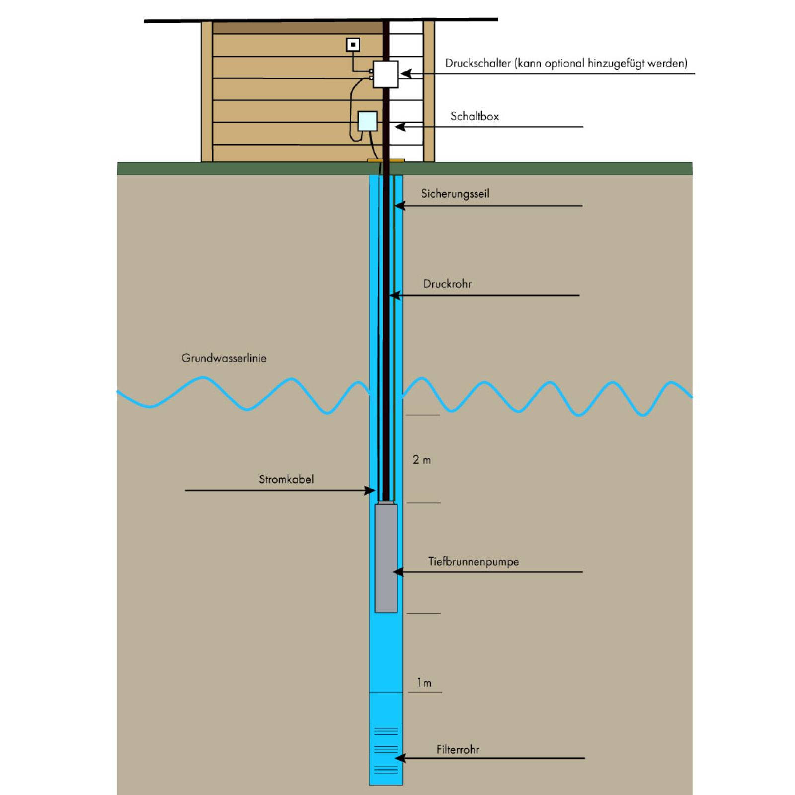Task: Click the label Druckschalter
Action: click(478, 63)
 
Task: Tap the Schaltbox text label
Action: click(475, 116)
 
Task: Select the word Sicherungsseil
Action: click(455, 194)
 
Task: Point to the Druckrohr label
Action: click(447, 284)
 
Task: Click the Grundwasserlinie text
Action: click(224, 358)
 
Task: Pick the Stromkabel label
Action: click(286, 479)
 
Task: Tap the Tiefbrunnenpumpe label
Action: click(474, 562)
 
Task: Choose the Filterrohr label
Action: click(458, 749)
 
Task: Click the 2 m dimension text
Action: click(422, 460)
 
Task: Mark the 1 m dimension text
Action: click(424, 683)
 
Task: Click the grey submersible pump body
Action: click(386, 558)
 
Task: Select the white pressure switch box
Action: click(386, 75)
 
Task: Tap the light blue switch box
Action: click(368, 121)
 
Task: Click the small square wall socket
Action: click(353, 45)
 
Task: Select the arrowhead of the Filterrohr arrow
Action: click(398, 758)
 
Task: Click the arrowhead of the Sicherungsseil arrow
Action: click(398, 206)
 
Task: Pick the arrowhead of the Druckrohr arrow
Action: click(394, 295)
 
